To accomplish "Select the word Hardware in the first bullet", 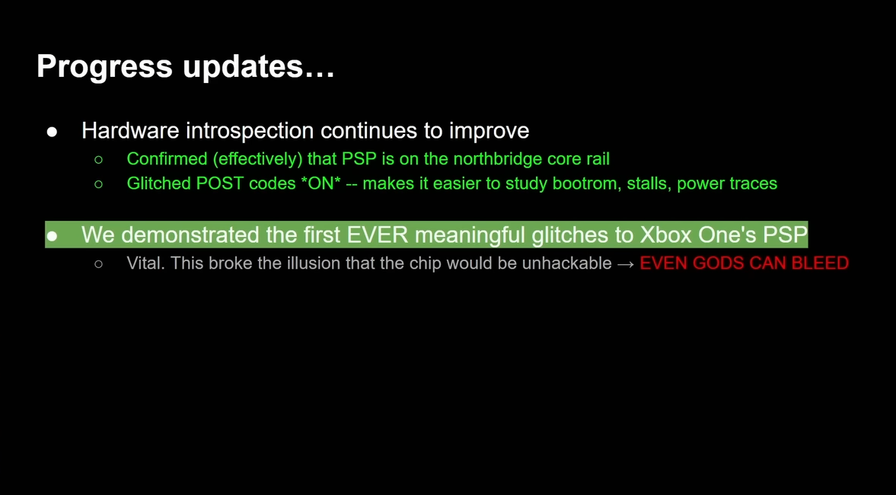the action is (130, 131).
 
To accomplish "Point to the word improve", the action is (489, 132).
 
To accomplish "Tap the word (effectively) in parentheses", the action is (258, 159).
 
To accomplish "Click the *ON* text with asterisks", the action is (320, 183).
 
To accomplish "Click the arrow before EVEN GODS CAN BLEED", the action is (626, 264).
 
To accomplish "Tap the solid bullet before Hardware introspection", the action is (52, 132).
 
